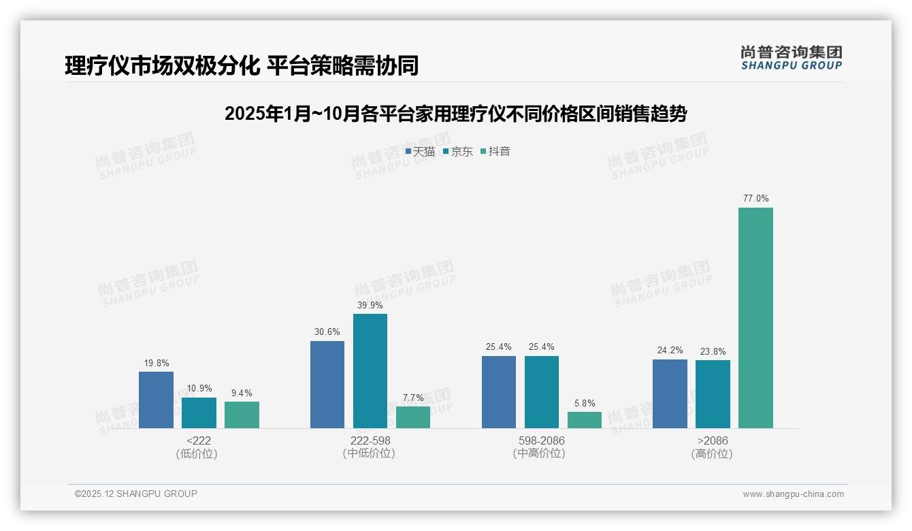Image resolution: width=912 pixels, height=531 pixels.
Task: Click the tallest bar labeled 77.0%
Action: click(x=755, y=318)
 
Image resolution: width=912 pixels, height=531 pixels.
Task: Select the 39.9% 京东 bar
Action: click(x=370, y=371)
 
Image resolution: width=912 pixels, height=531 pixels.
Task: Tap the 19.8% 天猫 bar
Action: click(x=156, y=400)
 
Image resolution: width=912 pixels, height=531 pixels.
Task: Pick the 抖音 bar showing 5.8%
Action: click(x=585, y=420)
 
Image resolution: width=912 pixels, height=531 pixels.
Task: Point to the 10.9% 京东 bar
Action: click(x=199, y=413)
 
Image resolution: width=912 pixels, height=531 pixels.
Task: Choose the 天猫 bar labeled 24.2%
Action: click(x=670, y=393)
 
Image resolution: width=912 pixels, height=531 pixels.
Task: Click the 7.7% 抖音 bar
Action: click(x=413, y=417)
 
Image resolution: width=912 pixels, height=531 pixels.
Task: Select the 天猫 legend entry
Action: click(x=420, y=151)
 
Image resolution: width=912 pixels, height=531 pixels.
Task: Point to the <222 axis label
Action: click(x=198, y=440)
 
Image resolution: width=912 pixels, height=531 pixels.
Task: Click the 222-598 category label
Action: click(x=370, y=440)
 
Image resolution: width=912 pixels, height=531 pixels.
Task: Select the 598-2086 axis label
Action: click(x=541, y=440)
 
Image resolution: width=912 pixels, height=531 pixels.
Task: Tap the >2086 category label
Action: click(x=713, y=440)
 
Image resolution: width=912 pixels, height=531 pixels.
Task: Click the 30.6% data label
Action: click(x=327, y=332)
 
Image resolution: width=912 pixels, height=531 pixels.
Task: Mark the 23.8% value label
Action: click(x=713, y=352)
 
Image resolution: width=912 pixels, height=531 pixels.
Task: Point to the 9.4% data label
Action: click(x=242, y=393)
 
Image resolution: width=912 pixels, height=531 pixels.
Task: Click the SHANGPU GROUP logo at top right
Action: click(x=791, y=58)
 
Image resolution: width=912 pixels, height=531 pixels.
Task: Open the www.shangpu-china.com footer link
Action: click(x=793, y=494)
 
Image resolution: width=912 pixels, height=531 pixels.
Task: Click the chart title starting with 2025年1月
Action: click(x=455, y=114)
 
